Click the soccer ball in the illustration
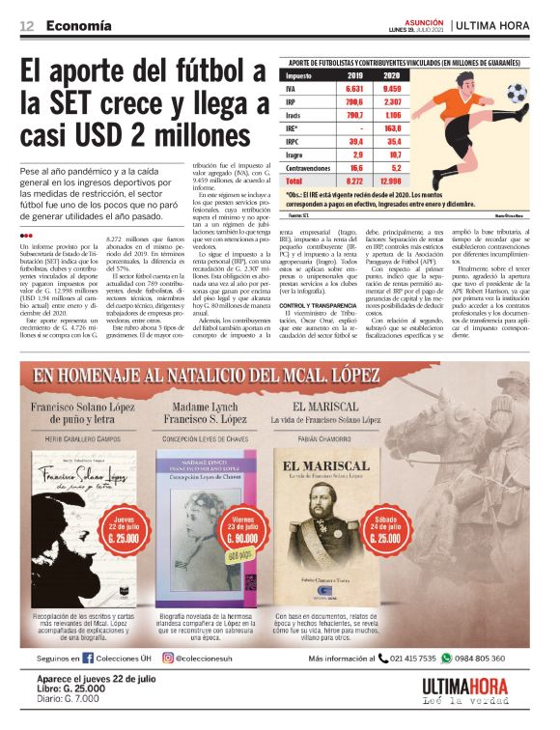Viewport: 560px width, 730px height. pyautogui.click(x=516, y=93)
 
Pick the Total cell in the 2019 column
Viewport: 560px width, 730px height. pyautogui.click(x=354, y=180)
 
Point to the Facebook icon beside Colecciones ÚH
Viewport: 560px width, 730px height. pyautogui.click(x=88, y=659)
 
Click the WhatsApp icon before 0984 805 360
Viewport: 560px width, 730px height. pyautogui.click(x=446, y=659)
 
